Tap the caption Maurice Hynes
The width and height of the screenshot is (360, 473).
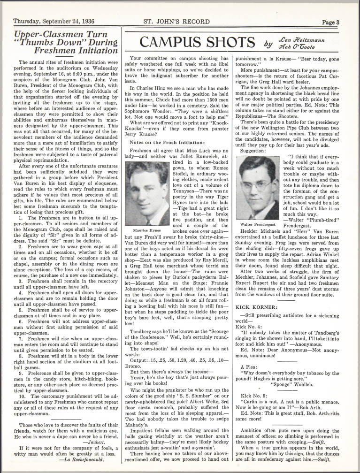pyautogui.click(x=147, y=217)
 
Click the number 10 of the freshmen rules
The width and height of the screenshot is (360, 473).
pyautogui.click(x=22, y=383)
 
